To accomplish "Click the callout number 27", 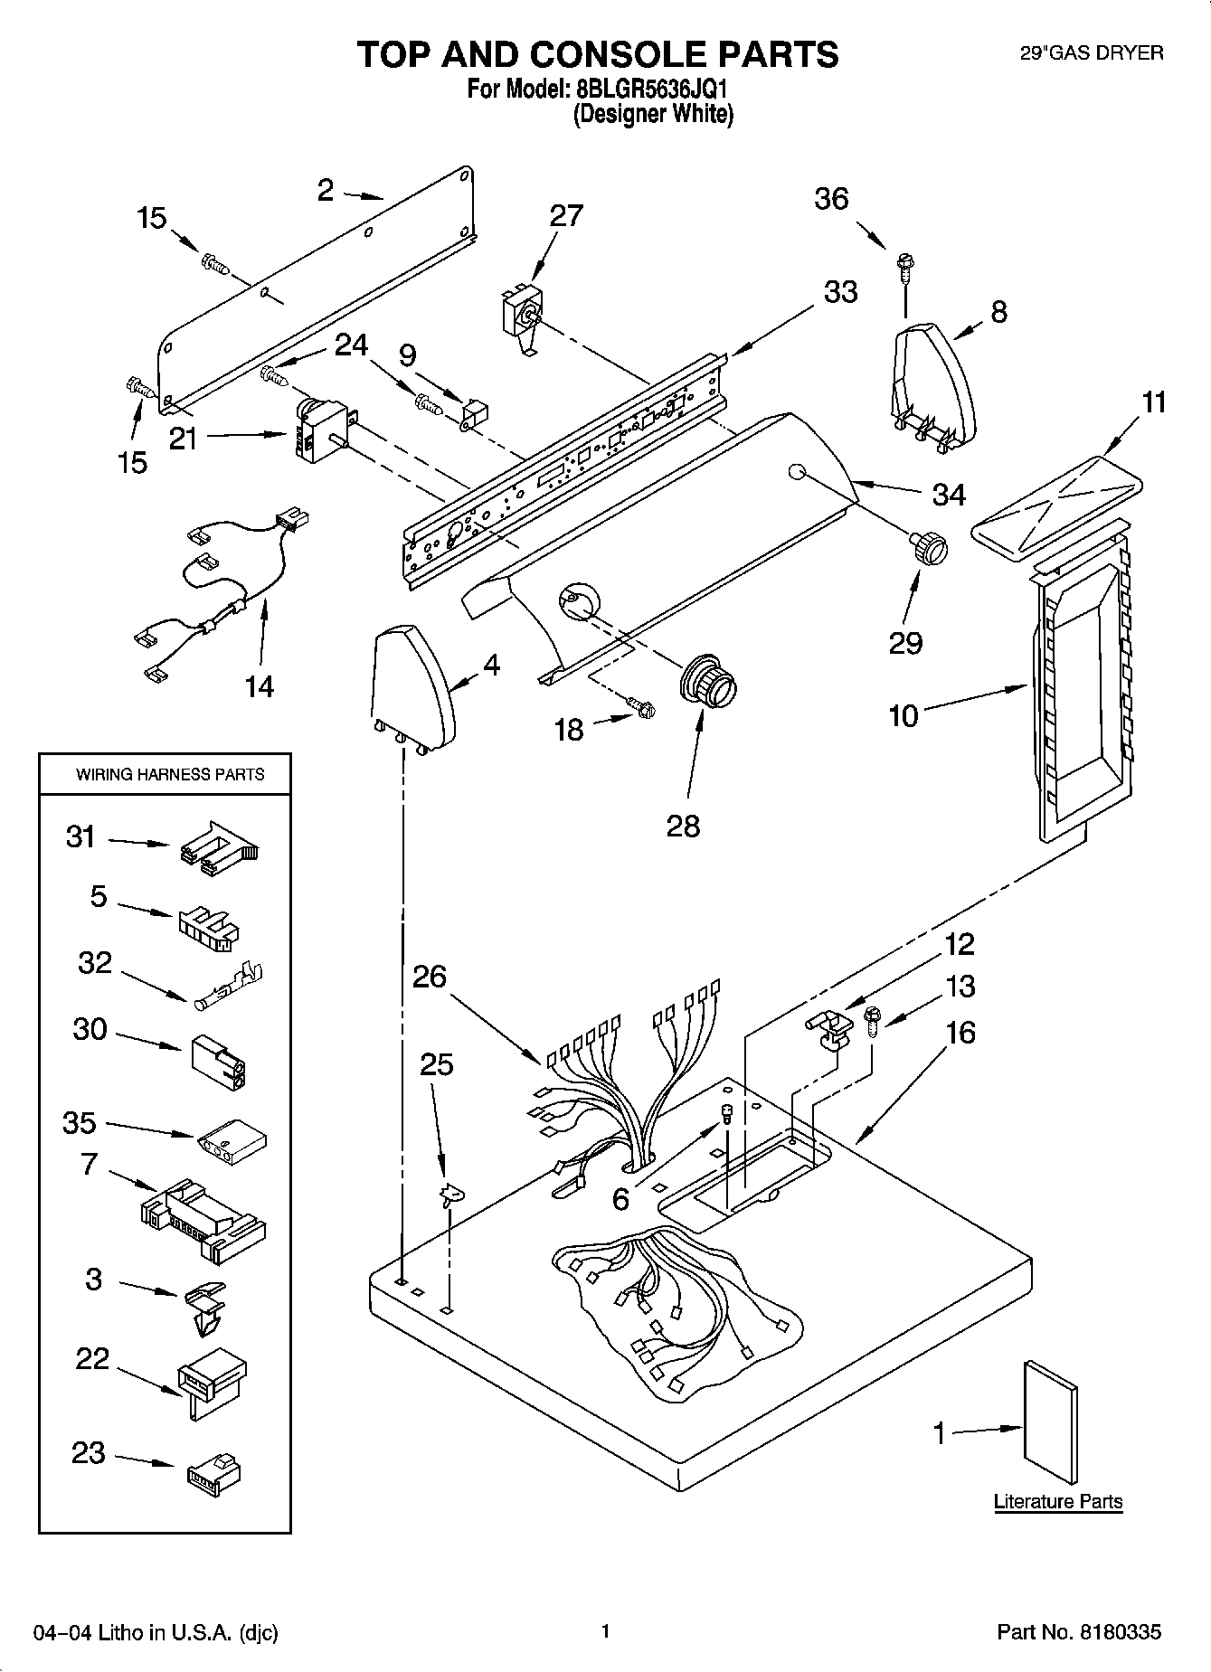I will tap(566, 216).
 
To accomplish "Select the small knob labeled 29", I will tap(928, 548).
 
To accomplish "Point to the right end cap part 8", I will tap(934, 384).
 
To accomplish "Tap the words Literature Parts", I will tap(1057, 1502).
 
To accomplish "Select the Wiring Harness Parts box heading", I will tap(170, 775).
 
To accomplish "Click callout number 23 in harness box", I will tap(88, 1454).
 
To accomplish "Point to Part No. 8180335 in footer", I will tap(1078, 1632).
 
